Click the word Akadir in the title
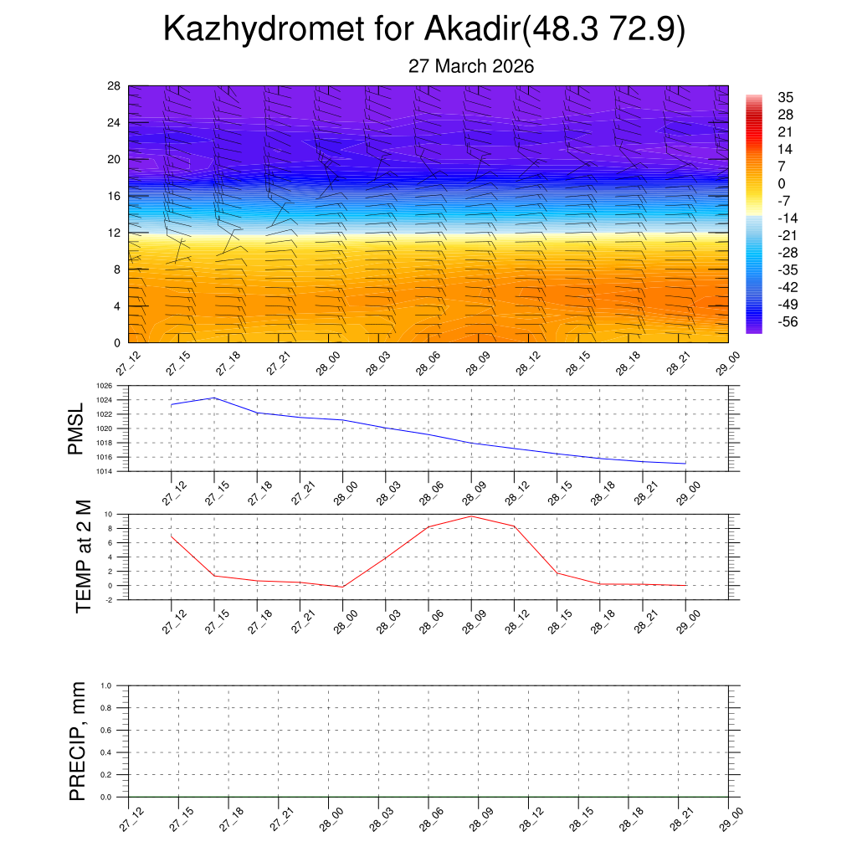tap(472, 29)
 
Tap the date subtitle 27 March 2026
tap(470, 66)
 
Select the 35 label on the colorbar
tap(785, 97)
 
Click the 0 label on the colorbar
tap(782, 183)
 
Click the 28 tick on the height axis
tap(114, 86)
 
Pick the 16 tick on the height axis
tap(114, 196)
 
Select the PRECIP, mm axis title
tap(77, 741)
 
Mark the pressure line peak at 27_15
tap(214, 398)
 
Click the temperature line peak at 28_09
tap(471, 516)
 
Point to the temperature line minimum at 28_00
tap(342, 587)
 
